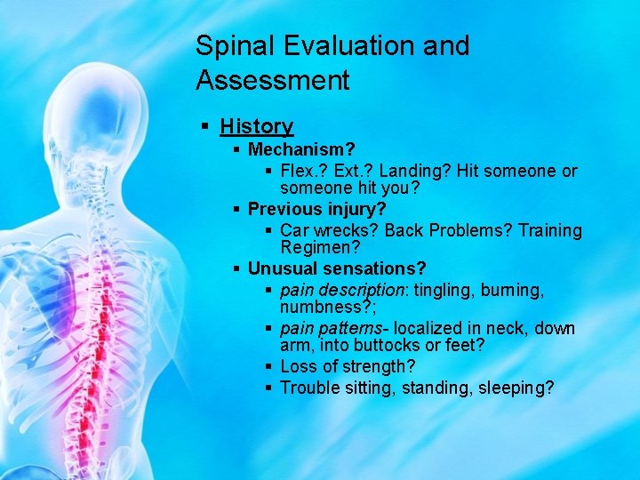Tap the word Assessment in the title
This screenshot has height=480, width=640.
273,81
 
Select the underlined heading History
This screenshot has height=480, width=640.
256,127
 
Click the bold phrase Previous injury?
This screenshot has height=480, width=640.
316,209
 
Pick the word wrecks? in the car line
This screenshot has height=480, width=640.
343,230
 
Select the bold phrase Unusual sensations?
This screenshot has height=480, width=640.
337,268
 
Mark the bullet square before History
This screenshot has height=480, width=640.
206,127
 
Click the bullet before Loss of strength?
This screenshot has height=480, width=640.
268,365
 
